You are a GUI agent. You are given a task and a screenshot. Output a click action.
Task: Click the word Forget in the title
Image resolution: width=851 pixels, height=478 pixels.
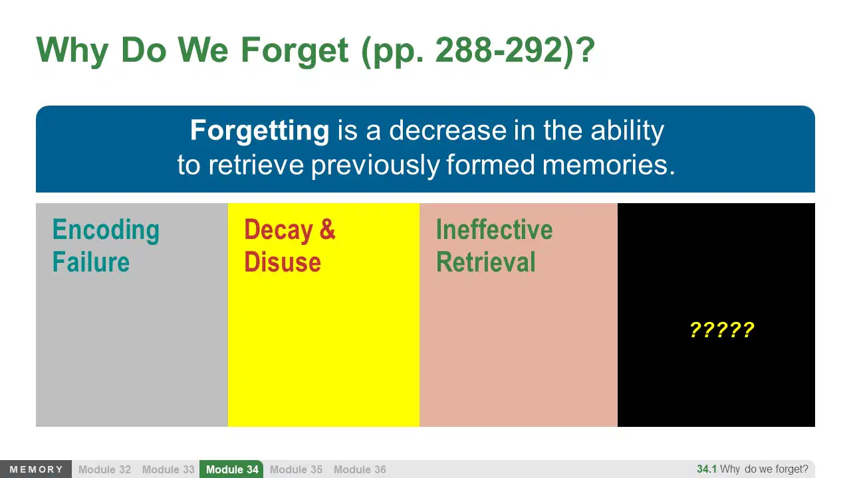click(x=295, y=51)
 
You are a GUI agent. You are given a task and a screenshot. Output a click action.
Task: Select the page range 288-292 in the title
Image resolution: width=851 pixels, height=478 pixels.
click(x=499, y=50)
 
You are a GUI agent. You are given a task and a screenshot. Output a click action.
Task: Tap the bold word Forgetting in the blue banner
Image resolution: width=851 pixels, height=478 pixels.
click(x=259, y=131)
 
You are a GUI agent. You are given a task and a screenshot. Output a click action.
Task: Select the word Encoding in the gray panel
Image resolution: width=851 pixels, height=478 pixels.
click(x=106, y=230)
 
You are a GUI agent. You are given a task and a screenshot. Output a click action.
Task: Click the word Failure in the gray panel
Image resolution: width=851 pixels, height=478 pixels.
click(x=91, y=262)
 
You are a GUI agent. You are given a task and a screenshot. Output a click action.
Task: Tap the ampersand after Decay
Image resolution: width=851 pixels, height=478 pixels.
click(x=328, y=229)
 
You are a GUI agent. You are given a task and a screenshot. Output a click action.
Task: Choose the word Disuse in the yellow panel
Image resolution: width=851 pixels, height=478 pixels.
click(x=283, y=262)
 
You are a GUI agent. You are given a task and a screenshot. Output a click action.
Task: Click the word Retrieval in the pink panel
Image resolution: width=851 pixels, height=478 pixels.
click(x=486, y=262)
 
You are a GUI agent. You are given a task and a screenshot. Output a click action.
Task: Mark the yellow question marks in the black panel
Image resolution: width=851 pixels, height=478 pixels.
click(x=722, y=330)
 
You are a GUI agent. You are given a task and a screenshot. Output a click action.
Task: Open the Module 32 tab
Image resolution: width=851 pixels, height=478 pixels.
click(x=104, y=469)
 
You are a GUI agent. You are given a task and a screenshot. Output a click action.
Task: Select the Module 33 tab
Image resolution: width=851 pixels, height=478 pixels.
click(x=168, y=469)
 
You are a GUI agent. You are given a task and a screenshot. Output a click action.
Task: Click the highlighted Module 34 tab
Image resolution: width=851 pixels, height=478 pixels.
click(x=232, y=469)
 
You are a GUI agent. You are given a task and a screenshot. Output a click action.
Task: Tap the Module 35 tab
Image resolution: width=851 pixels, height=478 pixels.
click(x=296, y=469)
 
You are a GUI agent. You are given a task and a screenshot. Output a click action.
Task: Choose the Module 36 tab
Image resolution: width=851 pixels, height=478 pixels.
click(x=360, y=469)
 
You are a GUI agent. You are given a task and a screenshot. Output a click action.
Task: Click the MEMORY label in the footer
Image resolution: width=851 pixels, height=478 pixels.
click(x=36, y=469)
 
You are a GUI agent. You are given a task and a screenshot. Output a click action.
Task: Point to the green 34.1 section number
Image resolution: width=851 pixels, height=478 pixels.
click(x=707, y=469)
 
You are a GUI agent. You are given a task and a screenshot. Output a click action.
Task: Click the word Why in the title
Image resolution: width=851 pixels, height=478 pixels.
click(x=72, y=51)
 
